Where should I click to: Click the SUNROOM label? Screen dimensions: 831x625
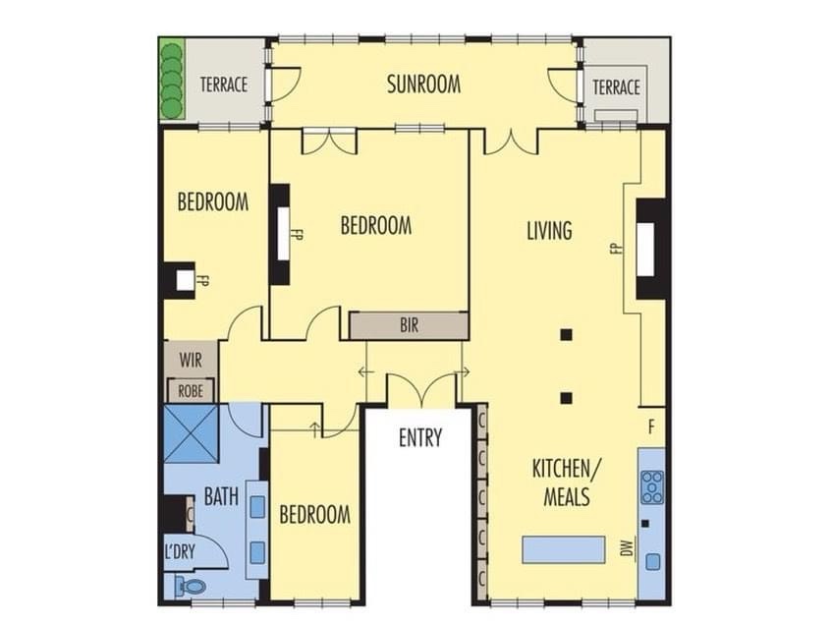(423, 85)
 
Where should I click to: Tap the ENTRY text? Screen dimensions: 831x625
(420, 438)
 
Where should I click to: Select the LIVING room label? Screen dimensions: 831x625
(550, 231)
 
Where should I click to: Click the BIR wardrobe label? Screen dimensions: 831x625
(410, 325)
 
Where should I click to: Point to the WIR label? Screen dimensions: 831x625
(191, 361)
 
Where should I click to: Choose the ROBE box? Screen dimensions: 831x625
(191, 391)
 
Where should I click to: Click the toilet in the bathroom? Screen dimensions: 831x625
(191, 587)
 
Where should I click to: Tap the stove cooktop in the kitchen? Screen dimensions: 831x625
(652, 486)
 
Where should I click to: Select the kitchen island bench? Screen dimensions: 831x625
(564, 549)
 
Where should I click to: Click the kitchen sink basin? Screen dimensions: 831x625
(653, 561)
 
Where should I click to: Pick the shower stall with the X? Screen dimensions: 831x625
(191, 433)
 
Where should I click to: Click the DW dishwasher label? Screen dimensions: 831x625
(629, 548)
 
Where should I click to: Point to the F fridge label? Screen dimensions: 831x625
(651, 426)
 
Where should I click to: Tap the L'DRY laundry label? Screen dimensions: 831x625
(180, 552)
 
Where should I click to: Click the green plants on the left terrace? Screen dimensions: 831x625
(171, 81)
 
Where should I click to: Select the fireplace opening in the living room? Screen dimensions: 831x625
(645, 250)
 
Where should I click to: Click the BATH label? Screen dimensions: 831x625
(221, 496)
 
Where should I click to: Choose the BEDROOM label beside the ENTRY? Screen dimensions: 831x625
(314, 514)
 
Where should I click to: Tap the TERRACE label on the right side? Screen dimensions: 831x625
(616, 87)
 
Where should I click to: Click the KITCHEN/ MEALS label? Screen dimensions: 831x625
(567, 483)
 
